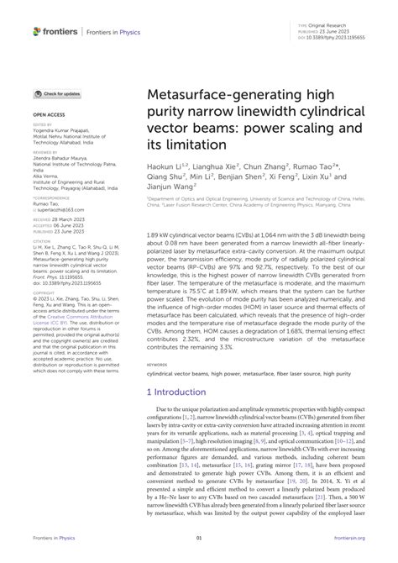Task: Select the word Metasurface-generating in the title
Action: click(x=210, y=103)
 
